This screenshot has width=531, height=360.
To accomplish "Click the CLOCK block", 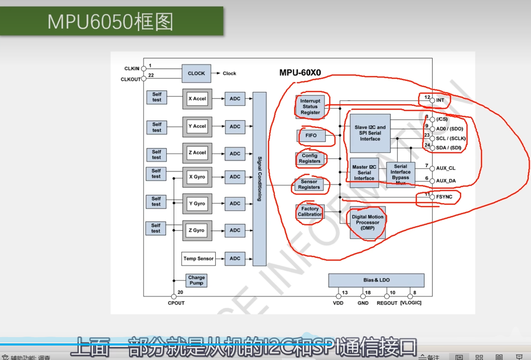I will (x=196, y=73).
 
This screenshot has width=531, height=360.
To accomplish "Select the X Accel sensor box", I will (x=197, y=99).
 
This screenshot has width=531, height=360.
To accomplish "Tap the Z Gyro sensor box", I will (x=197, y=230).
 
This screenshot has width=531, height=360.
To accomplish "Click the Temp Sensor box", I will (x=198, y=259).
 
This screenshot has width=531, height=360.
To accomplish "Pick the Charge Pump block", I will (x=196, y=280).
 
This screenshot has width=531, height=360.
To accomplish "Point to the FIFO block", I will (x=311, y=135).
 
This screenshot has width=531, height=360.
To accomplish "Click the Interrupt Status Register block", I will (x=310, y=107).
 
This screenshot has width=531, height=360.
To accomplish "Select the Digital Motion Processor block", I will (x=367, y=222).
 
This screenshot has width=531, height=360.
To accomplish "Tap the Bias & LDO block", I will (x=376, y=280).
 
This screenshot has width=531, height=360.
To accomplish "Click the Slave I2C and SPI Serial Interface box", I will (x=370, y=133).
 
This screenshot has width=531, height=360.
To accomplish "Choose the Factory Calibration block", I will (x=310, y=212).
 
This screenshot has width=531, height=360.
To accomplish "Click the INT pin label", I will (x=440, y=100).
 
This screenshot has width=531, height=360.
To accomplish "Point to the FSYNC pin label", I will (x=444, y=197).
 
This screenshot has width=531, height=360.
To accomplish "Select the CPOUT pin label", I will (x=176, y=303).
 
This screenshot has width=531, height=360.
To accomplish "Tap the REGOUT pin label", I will (x=387, y=303).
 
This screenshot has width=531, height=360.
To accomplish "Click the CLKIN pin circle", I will (x=144, y=68).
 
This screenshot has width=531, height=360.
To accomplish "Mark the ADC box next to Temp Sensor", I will (x=235, y=259).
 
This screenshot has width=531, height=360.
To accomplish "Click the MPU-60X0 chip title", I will (x=300, y=73).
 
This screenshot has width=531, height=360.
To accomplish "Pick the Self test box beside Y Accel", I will (x=157, y=127).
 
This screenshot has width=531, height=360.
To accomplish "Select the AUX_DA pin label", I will (x=446, y=181).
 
